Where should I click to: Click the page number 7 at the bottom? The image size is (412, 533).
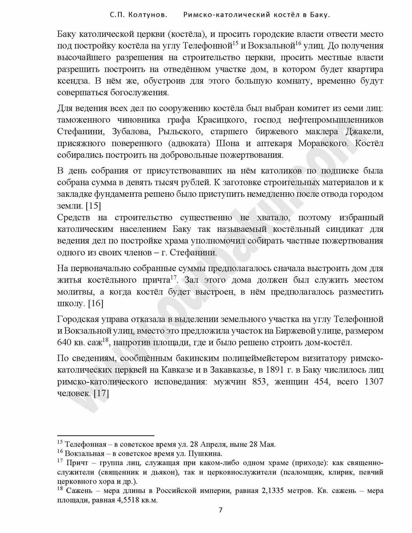click(220, 510)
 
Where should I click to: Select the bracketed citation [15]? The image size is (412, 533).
click(93, 206)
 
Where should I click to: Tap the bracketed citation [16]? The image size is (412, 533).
click(96, 303)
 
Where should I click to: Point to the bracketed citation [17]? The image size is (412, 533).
click(101, 393)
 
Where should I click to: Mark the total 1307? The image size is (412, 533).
click(374, 381)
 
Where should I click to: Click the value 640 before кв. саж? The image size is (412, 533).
click(64, 342)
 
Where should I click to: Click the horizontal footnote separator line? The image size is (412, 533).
click(106, 435)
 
